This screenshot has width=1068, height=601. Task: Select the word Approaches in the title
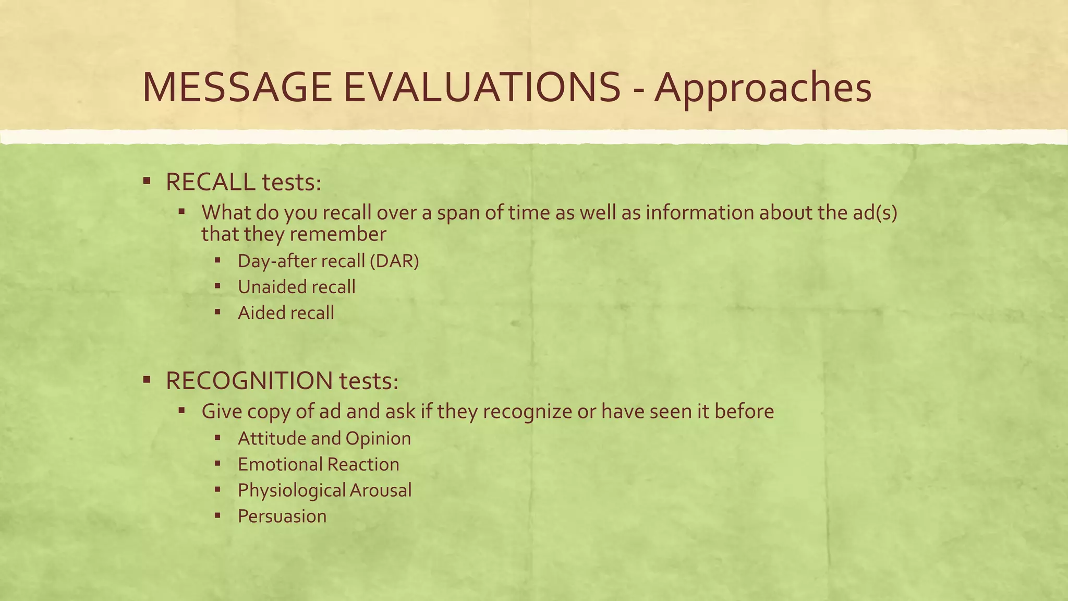(x=763, y=87)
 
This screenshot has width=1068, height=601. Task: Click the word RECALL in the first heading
(x=210, y=182)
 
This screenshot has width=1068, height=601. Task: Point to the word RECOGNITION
(x=249, y=381)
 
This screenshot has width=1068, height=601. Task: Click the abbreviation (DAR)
(x=394, y=261)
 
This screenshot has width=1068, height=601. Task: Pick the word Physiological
(x=292, y=490)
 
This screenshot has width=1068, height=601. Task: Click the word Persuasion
(x=282, y=516)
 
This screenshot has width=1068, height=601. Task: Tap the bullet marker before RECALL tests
(x=147, y=181)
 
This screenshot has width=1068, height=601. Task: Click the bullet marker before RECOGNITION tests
(x=147, y=380)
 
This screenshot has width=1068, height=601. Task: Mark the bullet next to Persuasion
(x=217, y=515)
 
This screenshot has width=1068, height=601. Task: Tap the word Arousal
(x=380, y=490)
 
